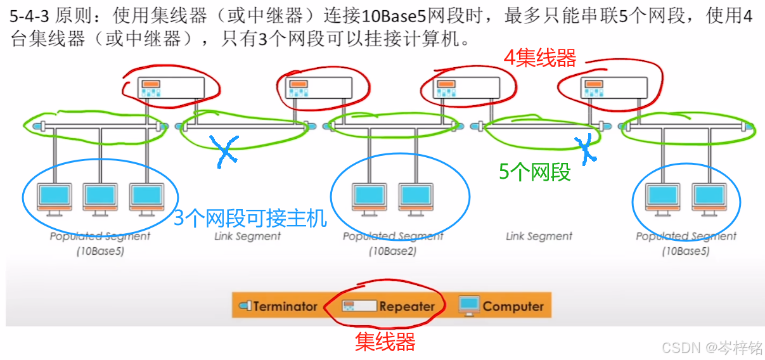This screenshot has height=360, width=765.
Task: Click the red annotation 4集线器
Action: [540, 58]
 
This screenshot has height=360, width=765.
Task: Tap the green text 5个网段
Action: [535, 171]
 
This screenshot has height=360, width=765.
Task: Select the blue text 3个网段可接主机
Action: [250, 219]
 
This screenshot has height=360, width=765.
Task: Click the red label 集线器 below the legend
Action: [385, 342]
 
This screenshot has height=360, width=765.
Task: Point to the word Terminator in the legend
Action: [285, 306]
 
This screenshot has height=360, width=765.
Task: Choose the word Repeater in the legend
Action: [407, 306]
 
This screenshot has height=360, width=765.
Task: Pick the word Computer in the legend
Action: [513, 306]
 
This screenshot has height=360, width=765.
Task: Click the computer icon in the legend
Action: [469, 305]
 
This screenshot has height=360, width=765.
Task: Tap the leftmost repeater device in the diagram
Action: [164, 89]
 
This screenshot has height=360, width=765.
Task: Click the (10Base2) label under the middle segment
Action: [392, 251]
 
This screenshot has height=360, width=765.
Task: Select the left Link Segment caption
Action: [247, 236]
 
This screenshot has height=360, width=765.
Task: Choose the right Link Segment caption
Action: [539, 236]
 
